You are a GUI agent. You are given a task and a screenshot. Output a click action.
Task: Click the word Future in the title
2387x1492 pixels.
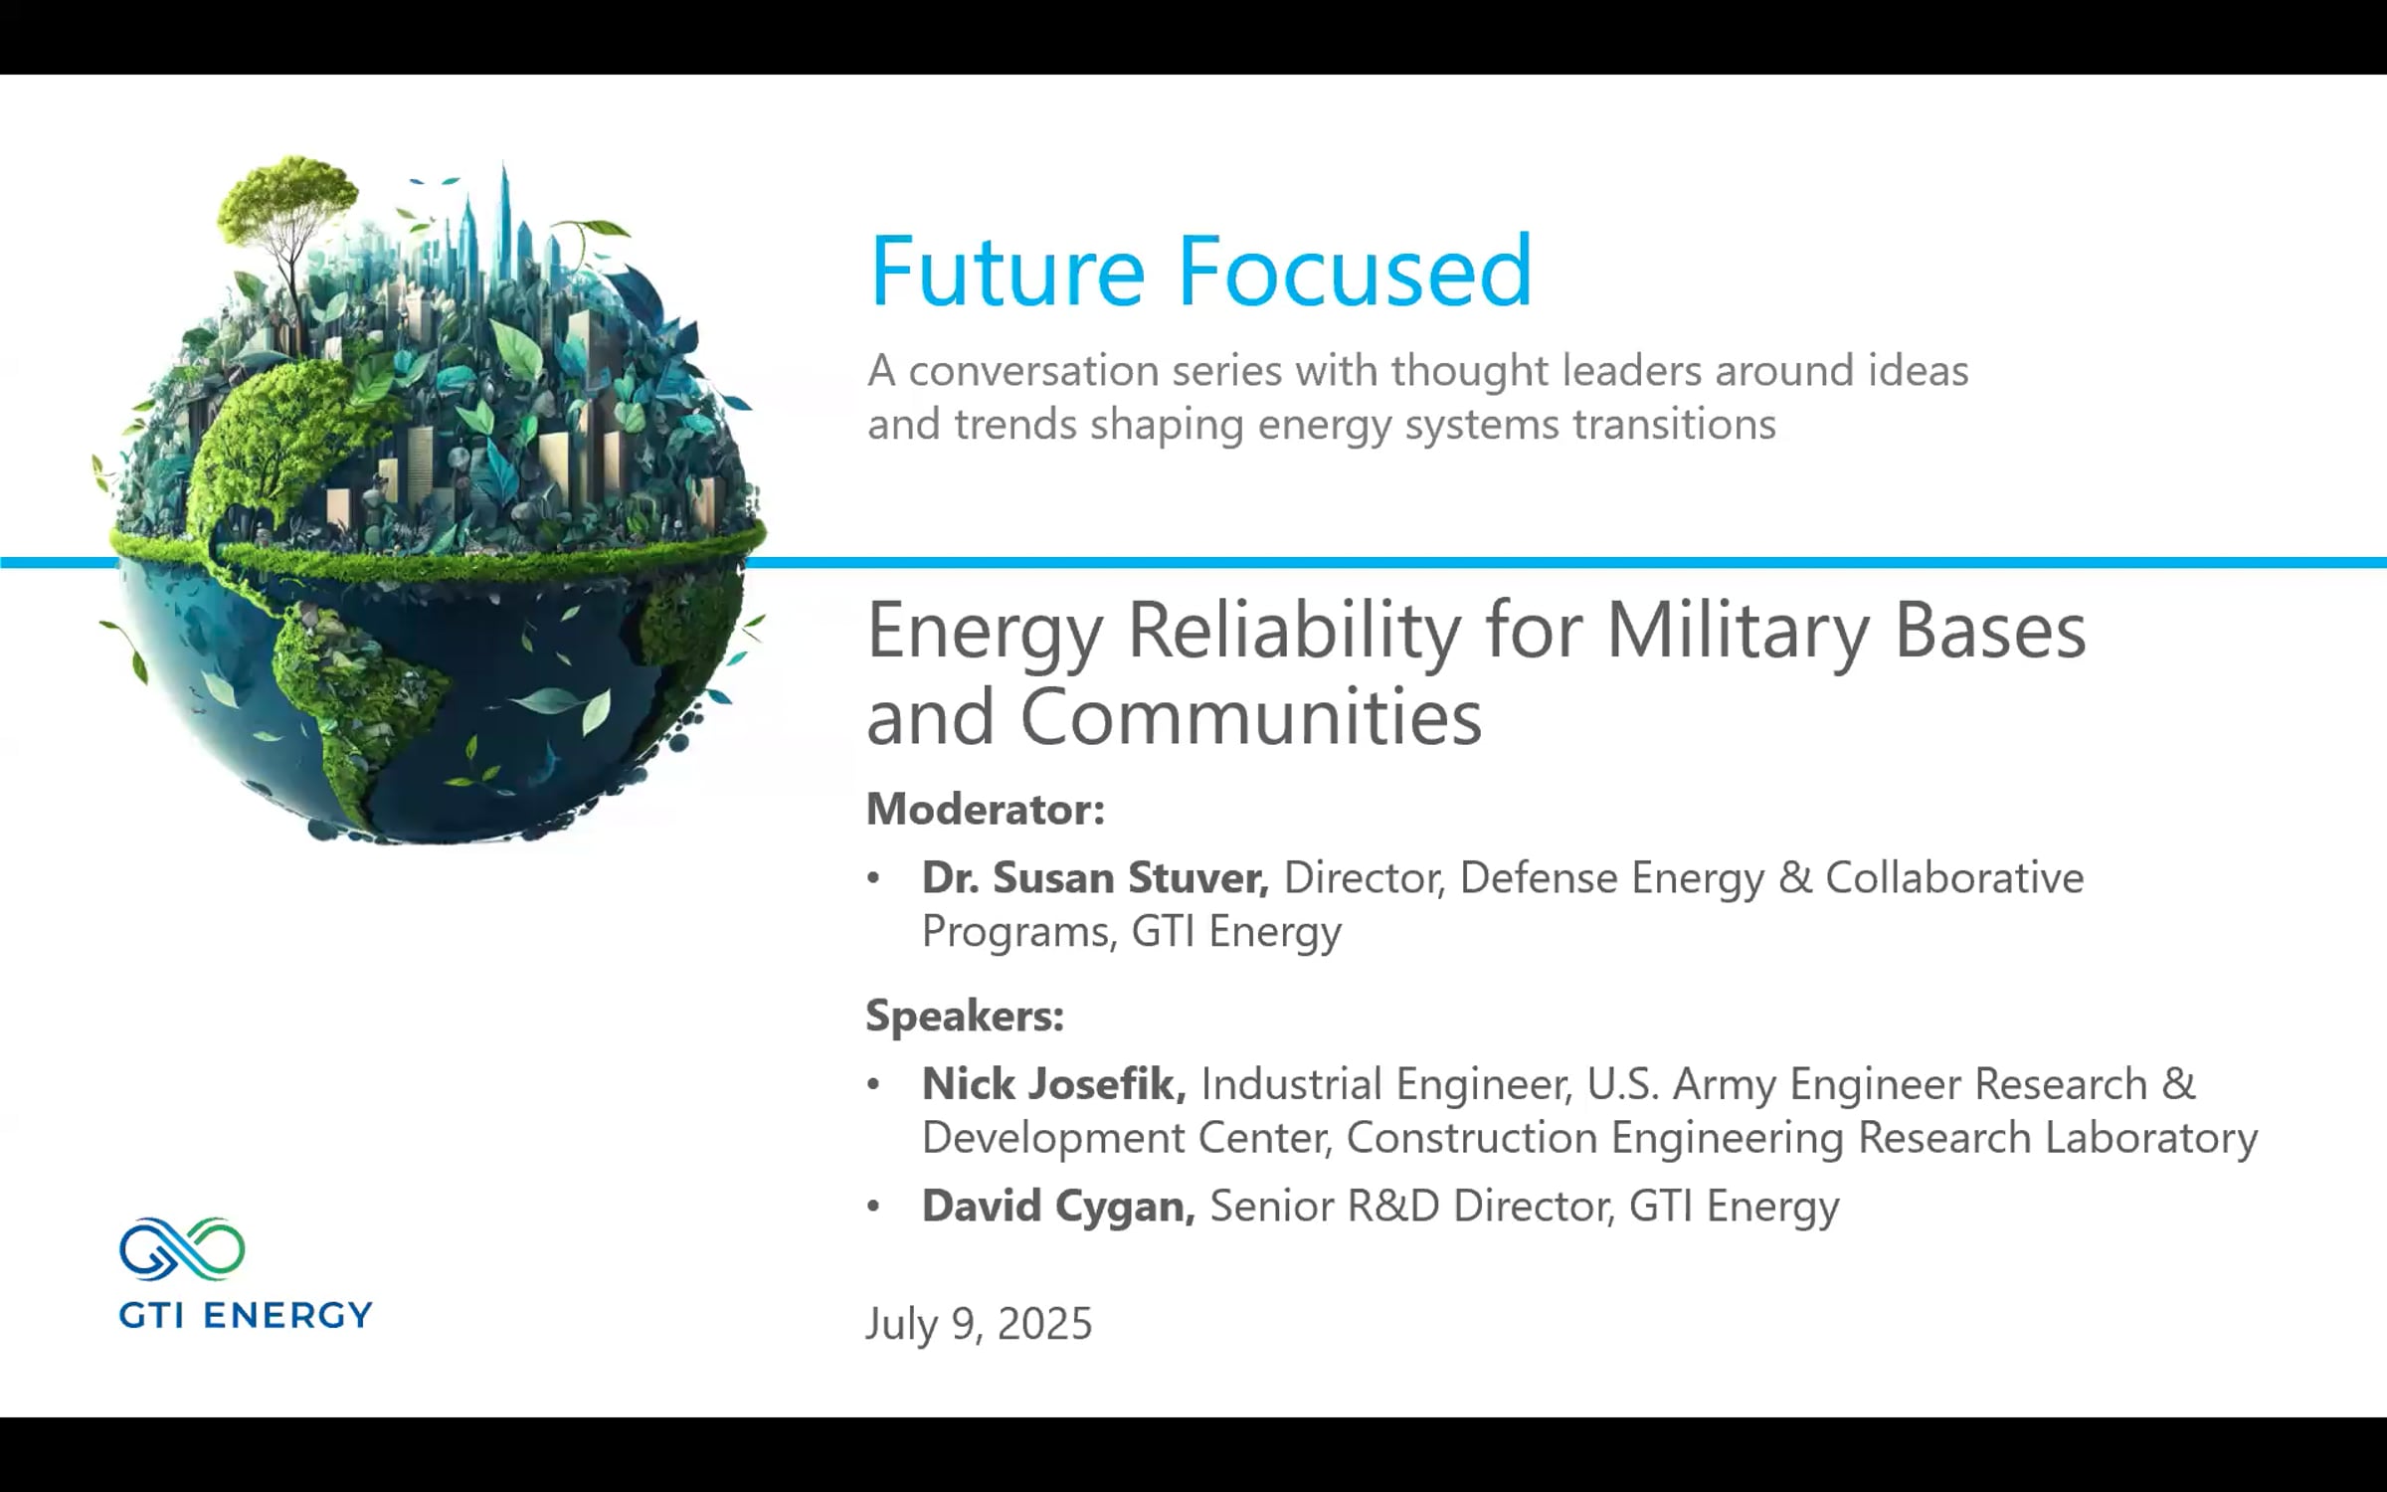(x=1007, y=271)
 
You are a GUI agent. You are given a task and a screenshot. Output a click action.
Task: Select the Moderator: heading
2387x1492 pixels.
(x=985, y=810)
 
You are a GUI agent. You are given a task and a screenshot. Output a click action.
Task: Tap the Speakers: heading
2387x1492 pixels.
(x=965, y=1016)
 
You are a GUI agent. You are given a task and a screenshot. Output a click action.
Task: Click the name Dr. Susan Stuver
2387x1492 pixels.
(x=1094, y=877)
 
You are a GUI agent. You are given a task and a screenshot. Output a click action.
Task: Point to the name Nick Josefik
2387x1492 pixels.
(x=1053, y=1083)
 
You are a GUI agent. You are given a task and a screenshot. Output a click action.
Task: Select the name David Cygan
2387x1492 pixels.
(x=1057, y=1206)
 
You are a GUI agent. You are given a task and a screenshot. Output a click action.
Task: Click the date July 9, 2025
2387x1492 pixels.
(x=979, y=1324)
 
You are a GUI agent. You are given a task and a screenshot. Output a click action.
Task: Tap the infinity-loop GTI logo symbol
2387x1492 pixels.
(x=182, y=1248)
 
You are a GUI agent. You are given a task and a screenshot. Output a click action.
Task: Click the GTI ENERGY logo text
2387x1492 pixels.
(x=245, y=1315)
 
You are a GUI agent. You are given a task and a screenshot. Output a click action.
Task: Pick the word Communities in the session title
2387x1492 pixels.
(x=1250, y=716)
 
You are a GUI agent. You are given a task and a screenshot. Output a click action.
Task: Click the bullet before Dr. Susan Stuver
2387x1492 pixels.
(x=873, y=878)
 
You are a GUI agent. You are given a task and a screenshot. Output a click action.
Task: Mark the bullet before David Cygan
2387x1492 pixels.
(x=873, y=1207)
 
